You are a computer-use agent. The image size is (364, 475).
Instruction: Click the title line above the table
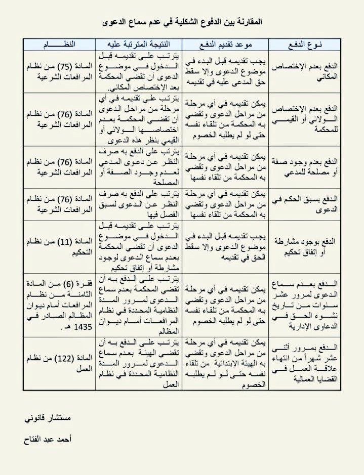(x=182, y=23)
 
